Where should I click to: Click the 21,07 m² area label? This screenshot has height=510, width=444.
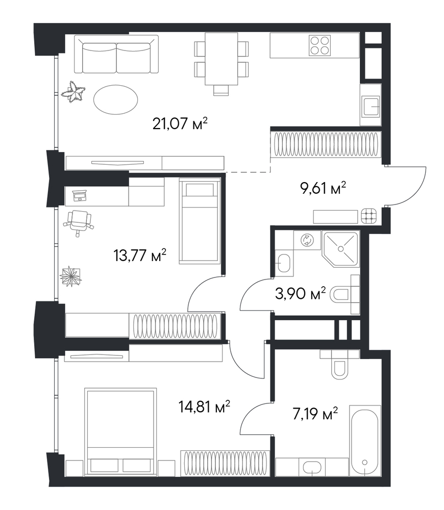click(180, 124)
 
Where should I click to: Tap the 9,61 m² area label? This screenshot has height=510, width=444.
click(323, 188)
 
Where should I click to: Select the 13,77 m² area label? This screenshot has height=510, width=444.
click(140, 256)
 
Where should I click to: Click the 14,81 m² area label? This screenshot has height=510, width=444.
click(205, 406)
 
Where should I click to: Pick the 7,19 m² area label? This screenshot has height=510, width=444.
click(315, 414)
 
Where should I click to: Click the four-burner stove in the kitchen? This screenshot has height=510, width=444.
click(319, 45)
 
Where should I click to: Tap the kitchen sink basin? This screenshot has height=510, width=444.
click(371, 106)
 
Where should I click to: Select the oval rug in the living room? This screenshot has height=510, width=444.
click(115, 99)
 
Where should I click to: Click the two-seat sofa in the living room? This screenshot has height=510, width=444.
click(116, 55)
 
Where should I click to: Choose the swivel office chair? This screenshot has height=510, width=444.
click(79, 222)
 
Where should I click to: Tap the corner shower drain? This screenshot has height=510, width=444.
click(341, 249)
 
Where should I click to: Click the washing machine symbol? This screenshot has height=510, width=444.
click(307, 240)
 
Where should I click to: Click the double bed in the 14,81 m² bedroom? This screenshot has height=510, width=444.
click(120, 432)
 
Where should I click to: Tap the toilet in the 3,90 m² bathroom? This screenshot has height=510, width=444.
click(340, 295)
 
